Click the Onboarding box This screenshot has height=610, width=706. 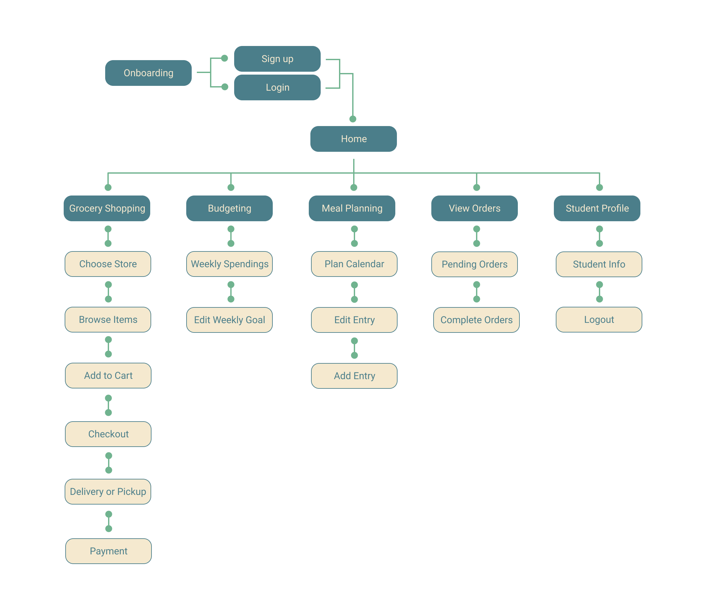point(148,73)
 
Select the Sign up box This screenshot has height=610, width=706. point(277,59)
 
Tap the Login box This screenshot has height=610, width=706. point(277,87)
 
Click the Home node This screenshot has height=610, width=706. point(353,139)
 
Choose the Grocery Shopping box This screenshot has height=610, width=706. point(107,208)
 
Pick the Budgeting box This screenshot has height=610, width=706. point(229,208)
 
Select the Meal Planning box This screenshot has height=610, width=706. point(352,208)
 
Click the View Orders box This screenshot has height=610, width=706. point(474,208)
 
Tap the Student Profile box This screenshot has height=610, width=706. point(597,208)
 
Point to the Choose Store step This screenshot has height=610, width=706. point(108,264)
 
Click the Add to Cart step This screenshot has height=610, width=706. point(108,375)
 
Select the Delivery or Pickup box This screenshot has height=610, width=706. point(108,491)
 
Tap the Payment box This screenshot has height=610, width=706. point(108,551)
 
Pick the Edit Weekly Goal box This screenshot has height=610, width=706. point(229,320)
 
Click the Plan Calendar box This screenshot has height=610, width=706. point(354,264)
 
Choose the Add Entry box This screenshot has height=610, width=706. point(354,376)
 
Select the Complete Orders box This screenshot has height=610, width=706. point(476,320)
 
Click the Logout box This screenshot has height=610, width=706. point(599,320)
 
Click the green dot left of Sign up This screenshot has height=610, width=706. point(224,58)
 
